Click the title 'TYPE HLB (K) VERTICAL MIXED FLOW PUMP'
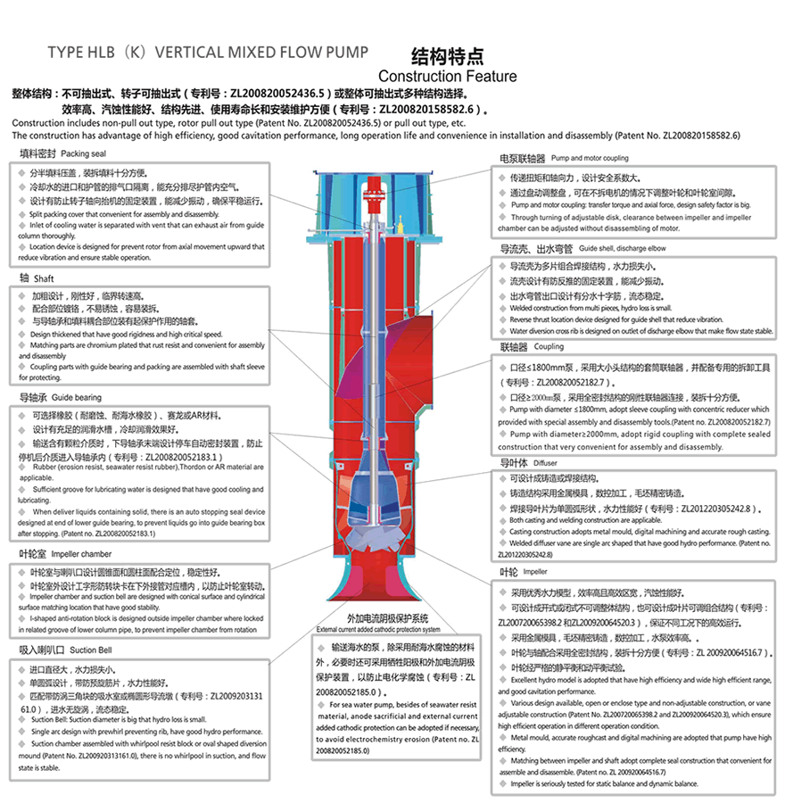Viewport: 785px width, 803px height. click(x=207, y=52)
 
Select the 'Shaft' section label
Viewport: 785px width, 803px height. click(x=39, y=278)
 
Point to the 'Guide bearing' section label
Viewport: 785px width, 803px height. click(x=59, y=397)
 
